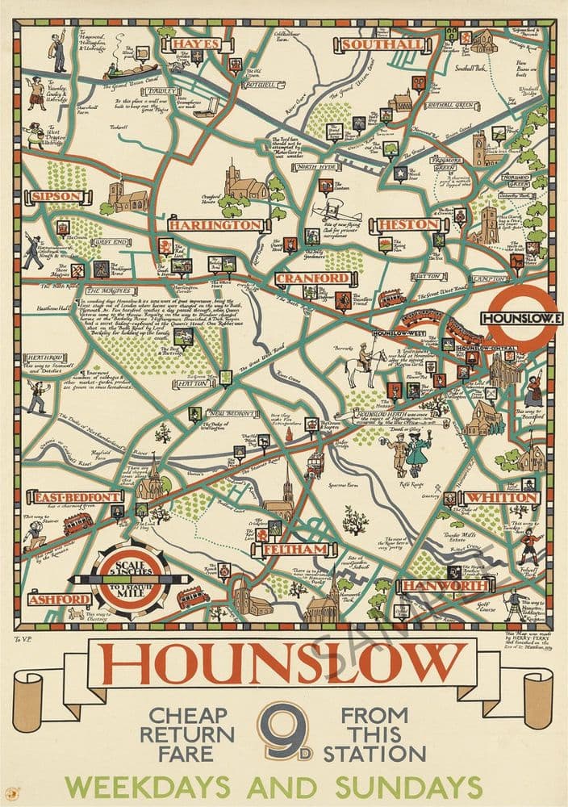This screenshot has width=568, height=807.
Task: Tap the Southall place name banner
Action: [382, 44]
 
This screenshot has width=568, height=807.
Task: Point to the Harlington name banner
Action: [215, 224]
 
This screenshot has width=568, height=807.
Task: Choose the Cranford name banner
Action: [303, 278]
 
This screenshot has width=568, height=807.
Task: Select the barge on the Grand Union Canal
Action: [132, 68]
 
